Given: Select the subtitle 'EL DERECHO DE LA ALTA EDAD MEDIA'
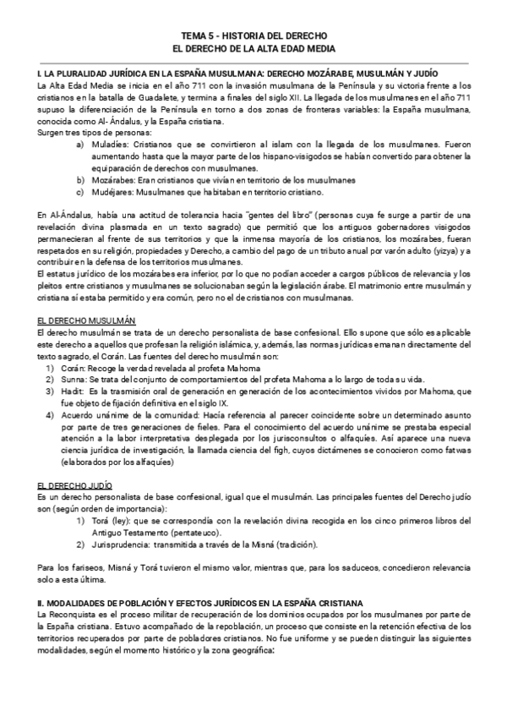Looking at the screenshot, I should tap(253, 50).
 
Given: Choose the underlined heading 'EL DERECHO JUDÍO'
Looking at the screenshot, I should tap(74, 486).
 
